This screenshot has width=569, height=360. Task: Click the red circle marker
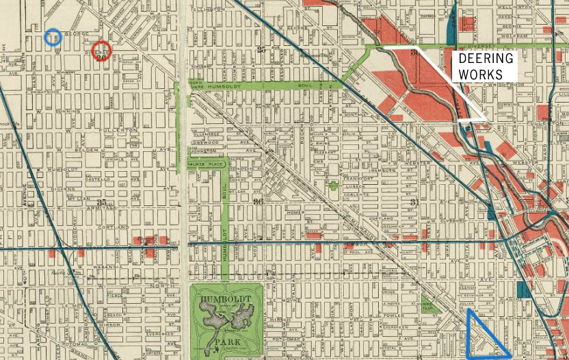pos(101,51)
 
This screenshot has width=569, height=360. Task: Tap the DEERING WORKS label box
pos(486,66)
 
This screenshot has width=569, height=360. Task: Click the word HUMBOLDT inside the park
pos(225,299)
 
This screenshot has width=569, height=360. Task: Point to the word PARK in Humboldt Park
pos(226,340)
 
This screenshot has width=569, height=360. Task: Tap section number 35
pos(103,202)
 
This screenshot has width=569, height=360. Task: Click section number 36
pos(258,201)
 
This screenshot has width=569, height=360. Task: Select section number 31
pos(414,201)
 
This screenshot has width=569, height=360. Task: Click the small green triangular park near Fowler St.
pos(429,306)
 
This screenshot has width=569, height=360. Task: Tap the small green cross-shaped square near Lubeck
pos(333,185)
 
